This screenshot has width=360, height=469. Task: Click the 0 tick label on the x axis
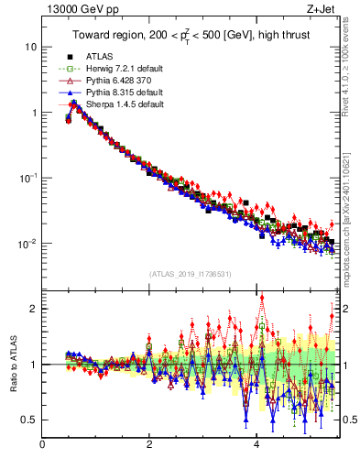42,445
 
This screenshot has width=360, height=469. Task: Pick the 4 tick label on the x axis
256,445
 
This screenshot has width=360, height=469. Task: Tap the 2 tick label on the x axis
149,445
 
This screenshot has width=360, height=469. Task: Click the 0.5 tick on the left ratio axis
29,420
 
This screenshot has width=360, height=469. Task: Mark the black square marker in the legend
70,57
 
